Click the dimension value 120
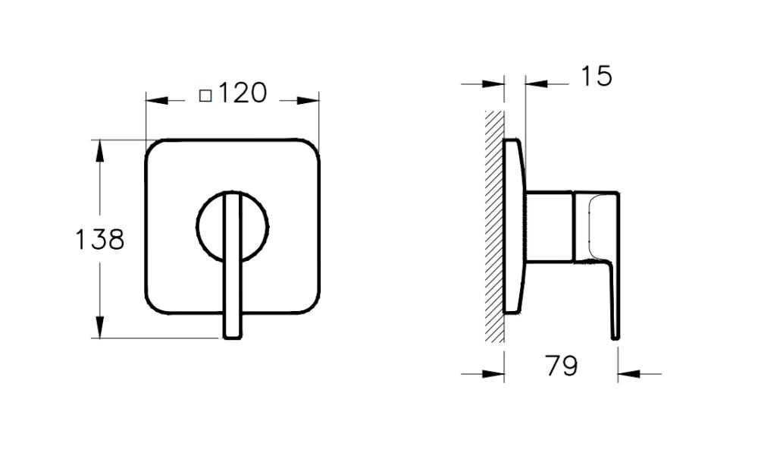(x=243, y=94)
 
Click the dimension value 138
(x=99, y=240)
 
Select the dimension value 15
(x=596, y=76)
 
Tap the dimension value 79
(x=561, y=366)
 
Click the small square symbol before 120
(x=205, y=96)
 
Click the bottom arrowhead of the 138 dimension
(x=99, y=328)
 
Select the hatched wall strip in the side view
(x=495, y=228)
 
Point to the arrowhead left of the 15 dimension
(x=496, y=83)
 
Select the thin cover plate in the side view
(x=514, y=228)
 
